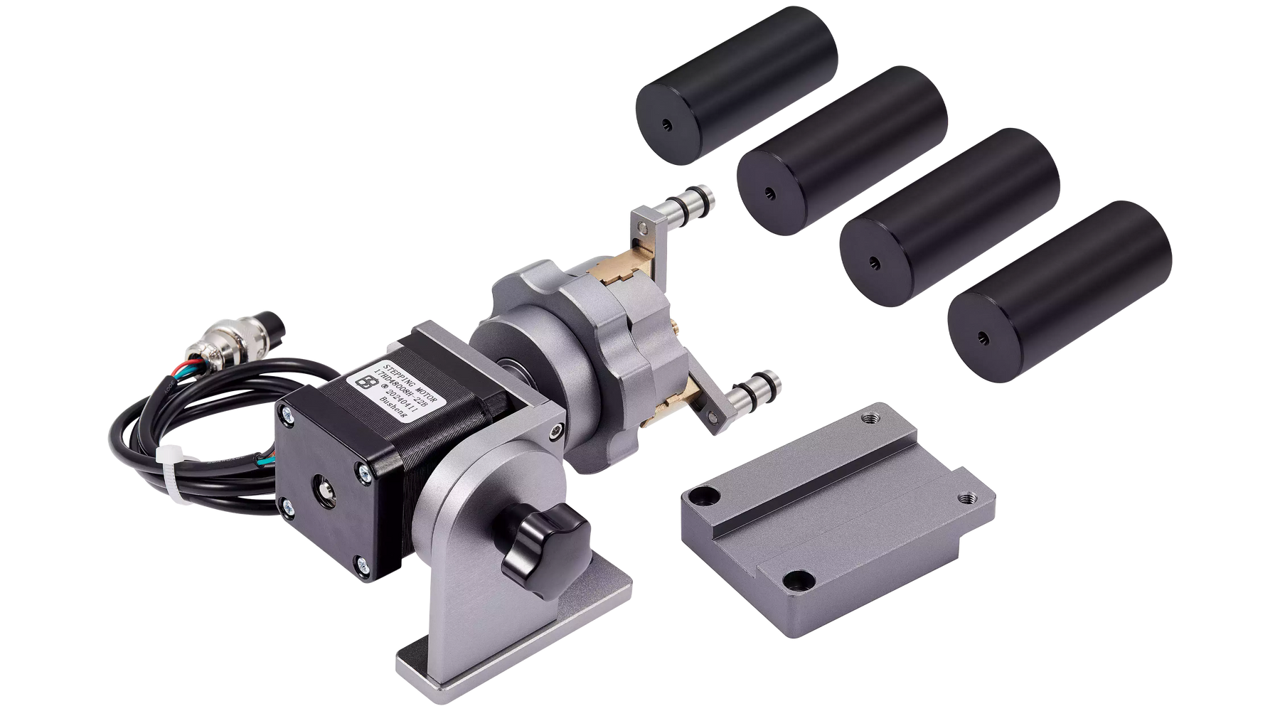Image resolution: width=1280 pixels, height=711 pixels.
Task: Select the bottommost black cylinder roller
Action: pos(1060,292)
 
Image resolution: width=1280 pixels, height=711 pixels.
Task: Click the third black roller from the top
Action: pos(949,217)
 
